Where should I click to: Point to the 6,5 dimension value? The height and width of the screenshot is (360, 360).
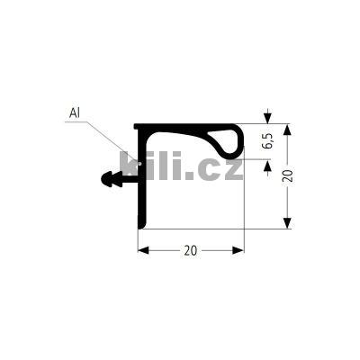point(267,141)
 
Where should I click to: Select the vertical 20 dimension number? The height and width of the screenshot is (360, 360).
point(288,176)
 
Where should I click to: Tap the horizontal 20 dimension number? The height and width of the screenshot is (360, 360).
point(191,250)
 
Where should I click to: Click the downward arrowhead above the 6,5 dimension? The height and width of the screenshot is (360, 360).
point(267,118)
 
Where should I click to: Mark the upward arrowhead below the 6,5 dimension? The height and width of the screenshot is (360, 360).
point(267,165)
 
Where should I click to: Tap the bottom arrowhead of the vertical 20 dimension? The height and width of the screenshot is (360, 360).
point(288,223)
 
